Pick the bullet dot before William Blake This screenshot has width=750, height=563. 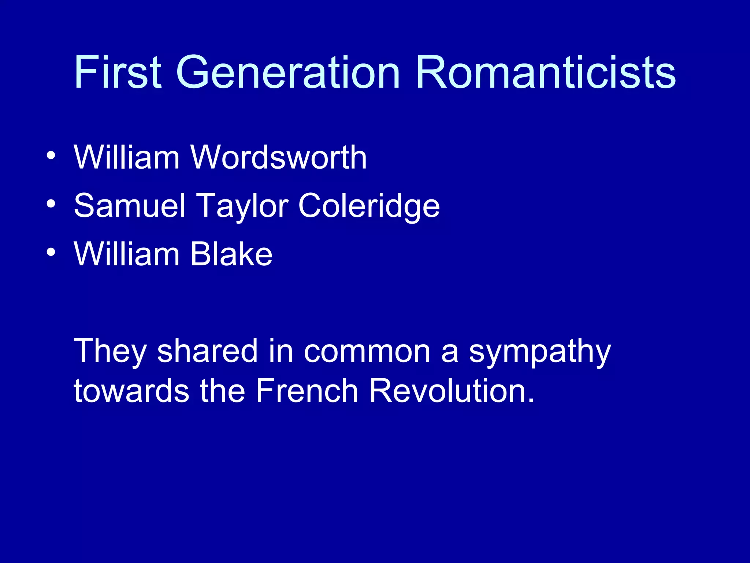pos(51,252)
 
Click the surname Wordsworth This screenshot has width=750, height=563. pos(278,157)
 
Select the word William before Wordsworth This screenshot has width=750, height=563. pos(127,157)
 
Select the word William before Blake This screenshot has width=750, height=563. pos(127,254)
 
